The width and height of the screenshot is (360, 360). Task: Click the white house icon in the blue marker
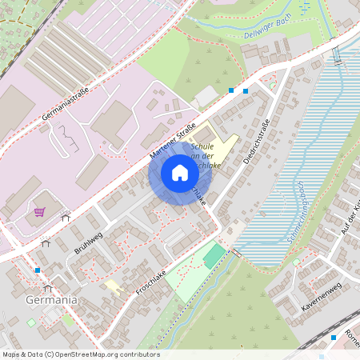180,173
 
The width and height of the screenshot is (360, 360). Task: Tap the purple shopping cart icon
40,212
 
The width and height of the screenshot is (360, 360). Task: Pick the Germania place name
51,300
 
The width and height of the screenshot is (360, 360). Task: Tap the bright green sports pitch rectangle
214,256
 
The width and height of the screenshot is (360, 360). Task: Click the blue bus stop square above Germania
38,270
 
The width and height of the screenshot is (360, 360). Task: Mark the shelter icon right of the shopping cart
66,216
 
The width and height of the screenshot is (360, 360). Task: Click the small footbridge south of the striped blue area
236,252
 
